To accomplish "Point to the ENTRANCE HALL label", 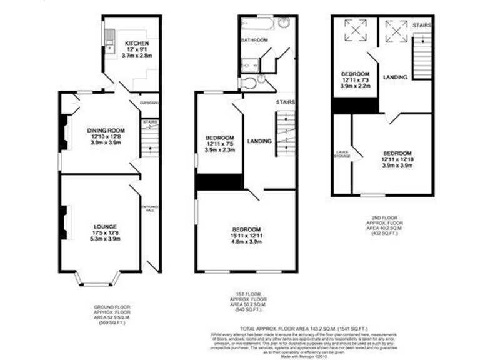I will point(150,209).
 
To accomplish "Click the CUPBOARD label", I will point(149,102).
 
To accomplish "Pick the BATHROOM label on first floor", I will point(254,40).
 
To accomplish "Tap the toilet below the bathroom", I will point(249,83).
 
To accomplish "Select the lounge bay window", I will point(100,278).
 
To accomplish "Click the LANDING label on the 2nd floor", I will point(396,77).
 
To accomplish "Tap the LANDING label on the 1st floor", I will point(259,141).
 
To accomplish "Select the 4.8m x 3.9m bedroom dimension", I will point(246,241).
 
